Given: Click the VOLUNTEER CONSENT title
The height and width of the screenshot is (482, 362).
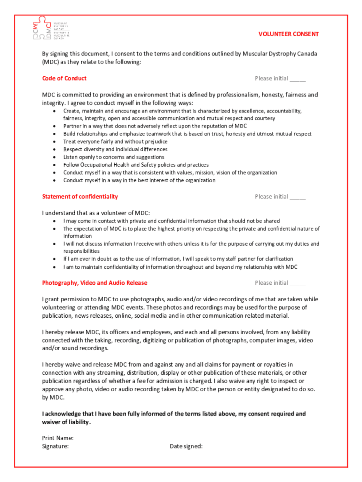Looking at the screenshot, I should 289,34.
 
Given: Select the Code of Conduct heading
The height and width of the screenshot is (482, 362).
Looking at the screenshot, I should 64,78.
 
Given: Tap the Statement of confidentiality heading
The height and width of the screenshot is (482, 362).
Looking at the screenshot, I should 80,196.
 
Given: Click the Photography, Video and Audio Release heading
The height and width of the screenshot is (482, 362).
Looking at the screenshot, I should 94,282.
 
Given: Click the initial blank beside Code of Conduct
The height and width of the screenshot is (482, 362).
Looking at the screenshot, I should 298,79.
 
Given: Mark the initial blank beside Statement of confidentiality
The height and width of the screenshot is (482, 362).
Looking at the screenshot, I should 298,197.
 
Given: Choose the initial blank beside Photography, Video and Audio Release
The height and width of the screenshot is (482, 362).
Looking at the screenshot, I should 298,283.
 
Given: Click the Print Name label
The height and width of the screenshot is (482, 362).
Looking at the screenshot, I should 58,438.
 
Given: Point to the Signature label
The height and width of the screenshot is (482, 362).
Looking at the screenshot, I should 55,446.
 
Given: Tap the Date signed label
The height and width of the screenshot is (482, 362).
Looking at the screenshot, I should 186,446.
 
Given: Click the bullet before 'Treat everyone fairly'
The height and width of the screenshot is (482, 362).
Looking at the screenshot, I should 55,142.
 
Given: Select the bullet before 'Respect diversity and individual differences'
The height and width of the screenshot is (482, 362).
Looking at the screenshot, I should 55,149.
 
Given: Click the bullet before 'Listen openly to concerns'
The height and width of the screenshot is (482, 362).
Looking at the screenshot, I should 55,157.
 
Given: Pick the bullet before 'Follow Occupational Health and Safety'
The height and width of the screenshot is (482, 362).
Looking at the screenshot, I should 55,165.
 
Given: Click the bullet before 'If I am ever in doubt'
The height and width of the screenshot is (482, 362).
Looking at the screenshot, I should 55,259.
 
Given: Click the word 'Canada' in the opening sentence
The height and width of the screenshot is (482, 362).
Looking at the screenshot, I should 307,54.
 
